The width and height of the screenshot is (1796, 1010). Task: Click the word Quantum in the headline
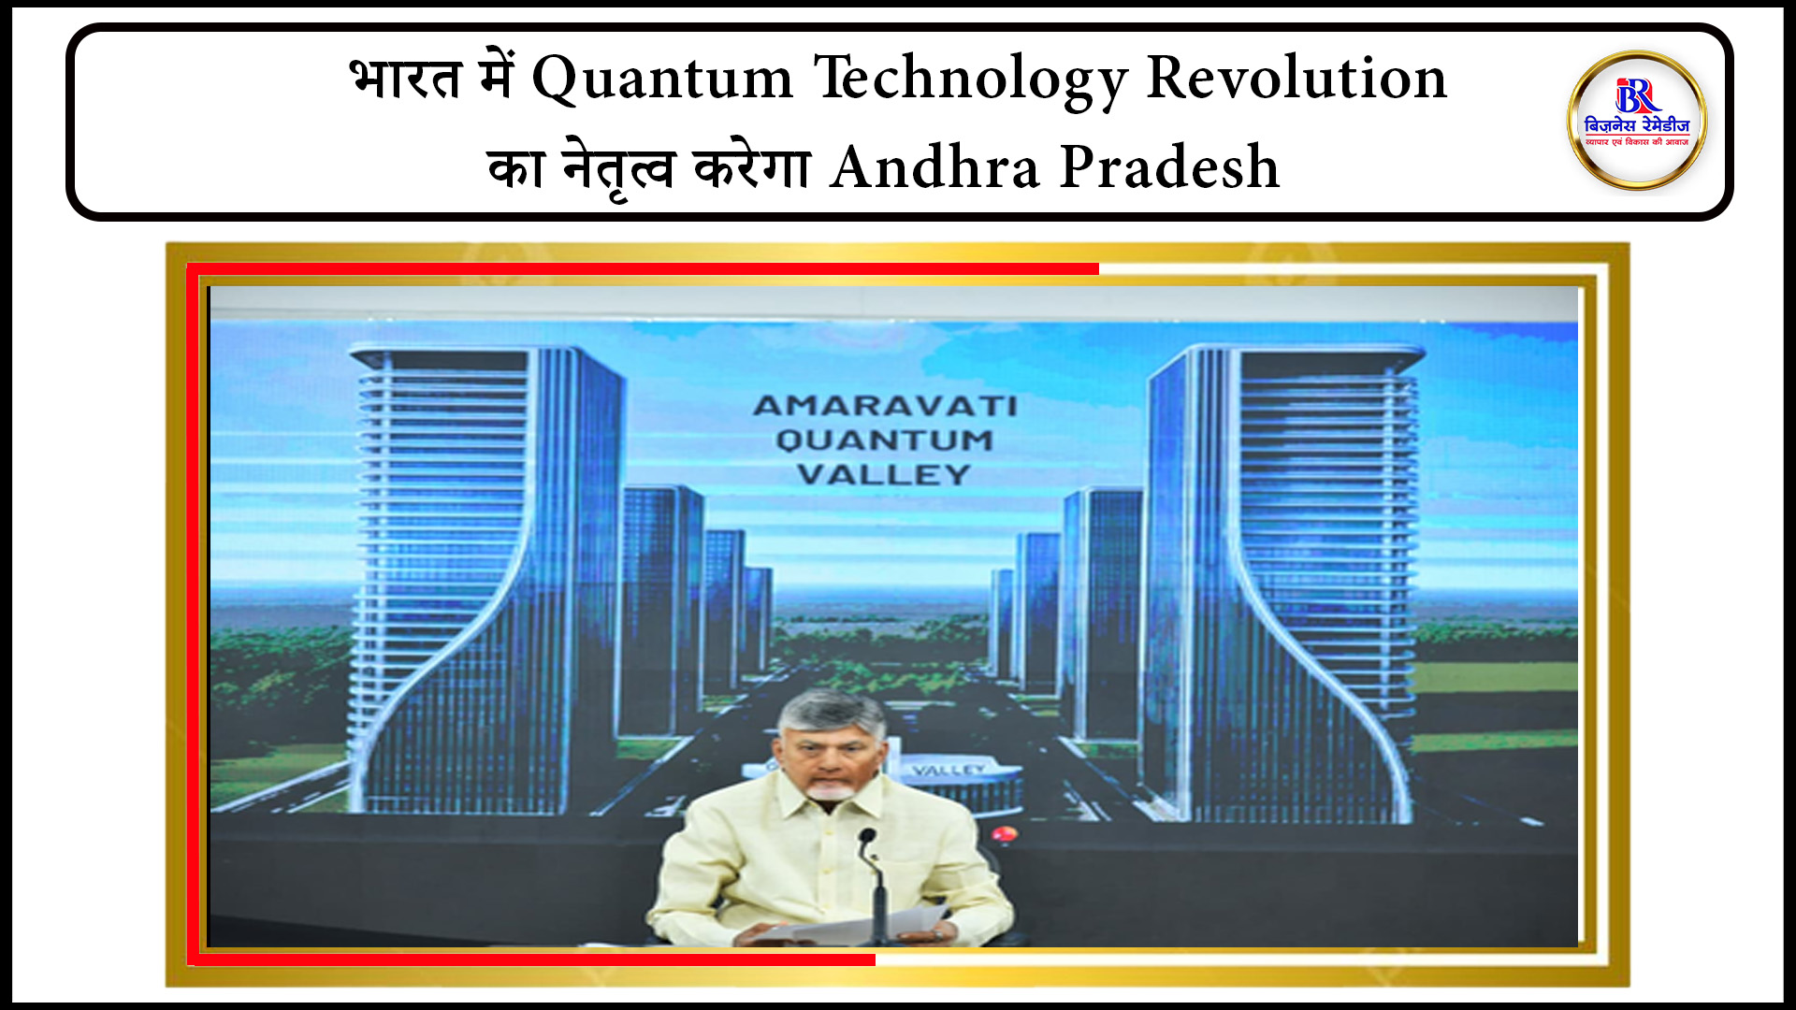pos(662,79)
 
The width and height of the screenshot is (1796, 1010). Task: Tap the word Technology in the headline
pos(971,79)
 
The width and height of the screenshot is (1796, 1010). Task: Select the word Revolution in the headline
pos(1296,79)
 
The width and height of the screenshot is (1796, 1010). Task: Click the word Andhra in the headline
pos(934,168)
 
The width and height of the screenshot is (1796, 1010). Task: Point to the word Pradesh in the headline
pos(1169,168)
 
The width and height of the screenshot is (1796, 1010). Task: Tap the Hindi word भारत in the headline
pos(406,79)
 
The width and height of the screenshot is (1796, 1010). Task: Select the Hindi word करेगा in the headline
pos(751,168)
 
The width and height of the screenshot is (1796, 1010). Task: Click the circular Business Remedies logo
pos(1637,121)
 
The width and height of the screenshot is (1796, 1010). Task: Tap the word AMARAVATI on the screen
pos(885,406)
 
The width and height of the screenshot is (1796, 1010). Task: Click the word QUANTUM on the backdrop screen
pos(885,440)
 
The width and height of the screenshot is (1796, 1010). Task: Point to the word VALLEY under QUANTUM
pos(885,474)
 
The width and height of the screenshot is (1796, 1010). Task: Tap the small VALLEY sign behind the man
pos(949,771)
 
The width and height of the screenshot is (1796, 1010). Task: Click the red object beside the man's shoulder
pos(1003,833)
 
